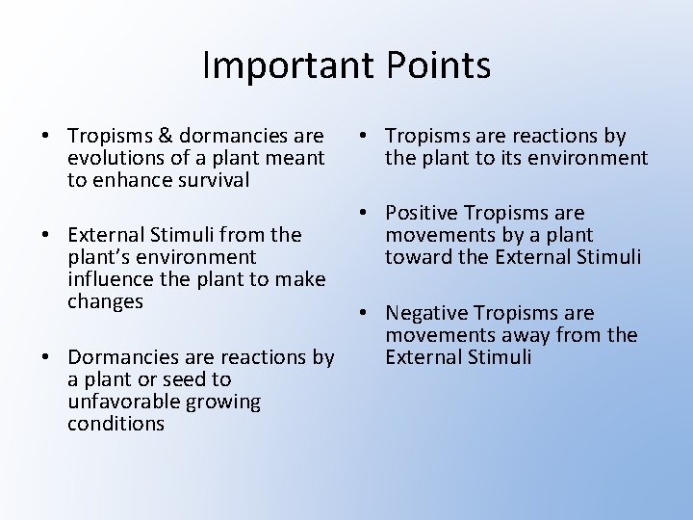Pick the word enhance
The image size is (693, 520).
132,181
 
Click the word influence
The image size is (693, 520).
109,279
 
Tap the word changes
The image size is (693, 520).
105,301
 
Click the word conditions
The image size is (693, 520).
115,424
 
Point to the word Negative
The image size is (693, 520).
428,313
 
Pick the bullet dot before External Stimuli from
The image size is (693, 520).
47,235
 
